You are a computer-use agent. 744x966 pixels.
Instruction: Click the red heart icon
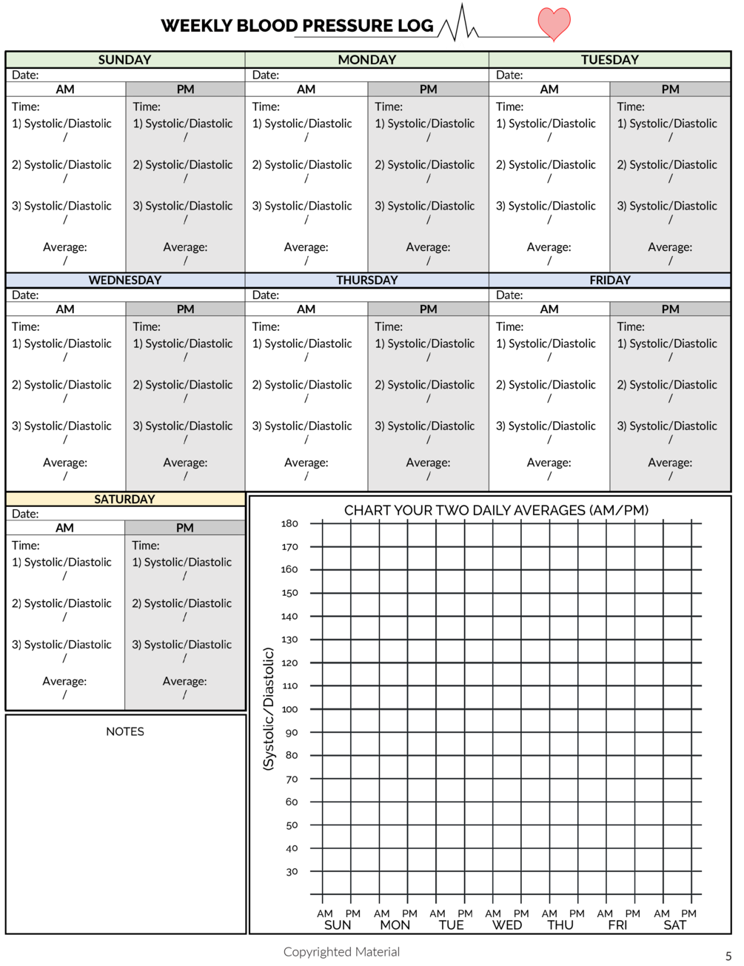(x=554, y=24)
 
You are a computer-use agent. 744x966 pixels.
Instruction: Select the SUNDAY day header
(x=124, y=60)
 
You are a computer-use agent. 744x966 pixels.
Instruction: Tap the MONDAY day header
(x=366, y=60)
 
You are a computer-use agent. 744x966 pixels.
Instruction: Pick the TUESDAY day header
(x=609, y=60)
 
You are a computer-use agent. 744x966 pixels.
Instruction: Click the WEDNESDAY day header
(x=124, y=280)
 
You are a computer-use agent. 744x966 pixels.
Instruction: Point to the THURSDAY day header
(x=366, y=280)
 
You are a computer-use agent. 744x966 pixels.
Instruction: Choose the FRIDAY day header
(x=609, y=280)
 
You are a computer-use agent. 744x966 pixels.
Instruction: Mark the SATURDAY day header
(x=124, y=499)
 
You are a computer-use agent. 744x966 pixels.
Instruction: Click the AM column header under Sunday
(x=65, y=89)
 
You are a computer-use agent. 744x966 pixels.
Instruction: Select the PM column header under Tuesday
(x=670, y=89)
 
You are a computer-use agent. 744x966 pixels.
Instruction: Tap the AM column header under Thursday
(x=306, y=309)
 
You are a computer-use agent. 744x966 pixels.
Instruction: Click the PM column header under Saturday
(x=184, y=527)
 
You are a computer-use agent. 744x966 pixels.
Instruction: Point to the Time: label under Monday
(x=389, y=107)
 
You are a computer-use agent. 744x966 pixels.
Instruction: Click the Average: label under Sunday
(x=185, y=247)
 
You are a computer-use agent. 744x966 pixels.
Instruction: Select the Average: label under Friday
(x=670, y=463)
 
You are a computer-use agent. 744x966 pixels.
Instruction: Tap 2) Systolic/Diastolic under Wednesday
(x=183, y=385)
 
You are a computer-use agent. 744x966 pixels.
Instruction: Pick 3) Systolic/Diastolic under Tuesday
(x=667, y=206)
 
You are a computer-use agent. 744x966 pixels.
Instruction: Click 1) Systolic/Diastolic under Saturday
(x=182, y=563)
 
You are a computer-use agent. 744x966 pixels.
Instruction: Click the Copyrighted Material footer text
(x=341, y=952)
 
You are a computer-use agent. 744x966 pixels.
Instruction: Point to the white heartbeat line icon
(x=458, y=32)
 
